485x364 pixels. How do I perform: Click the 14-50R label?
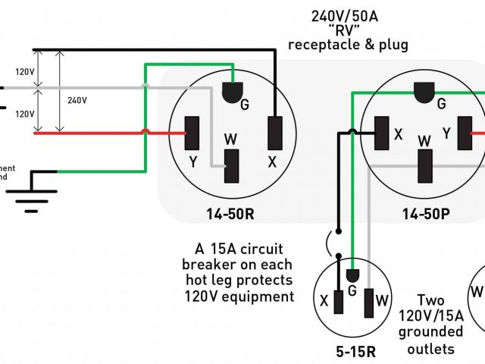coord(230,215)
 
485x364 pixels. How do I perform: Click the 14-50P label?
coord(426,215)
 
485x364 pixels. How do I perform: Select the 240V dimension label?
coord(77,99)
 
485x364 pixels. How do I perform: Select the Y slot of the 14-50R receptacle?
coord(193,132)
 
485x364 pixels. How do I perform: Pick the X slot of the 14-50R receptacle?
coord(275,132)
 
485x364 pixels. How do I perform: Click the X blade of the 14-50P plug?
coord(382,133)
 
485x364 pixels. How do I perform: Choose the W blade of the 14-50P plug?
coord(425,165)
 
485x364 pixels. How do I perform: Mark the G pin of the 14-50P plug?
coord(425,93)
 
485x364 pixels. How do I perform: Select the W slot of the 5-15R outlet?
coord(371,302)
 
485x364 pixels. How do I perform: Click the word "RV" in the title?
coord(349,30)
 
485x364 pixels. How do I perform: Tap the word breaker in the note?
coord(209,263)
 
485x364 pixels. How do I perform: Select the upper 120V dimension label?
coord(25,72)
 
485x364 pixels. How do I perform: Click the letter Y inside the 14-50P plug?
coord(446,133)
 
